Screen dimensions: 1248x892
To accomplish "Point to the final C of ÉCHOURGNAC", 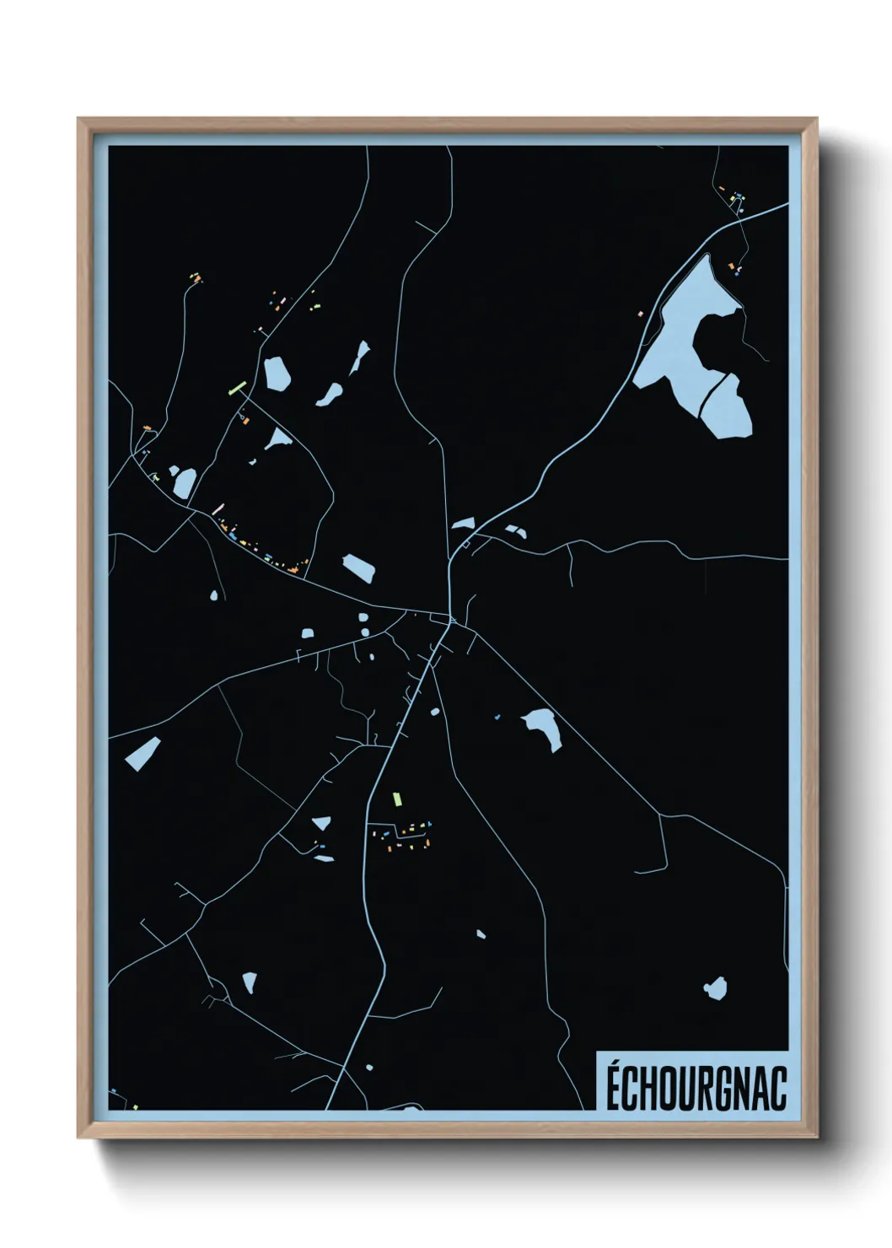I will [x=778, y=1088].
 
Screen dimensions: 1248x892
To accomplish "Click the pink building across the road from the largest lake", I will [x=640, y=314].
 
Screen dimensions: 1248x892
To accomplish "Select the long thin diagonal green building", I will [x=237, y=389].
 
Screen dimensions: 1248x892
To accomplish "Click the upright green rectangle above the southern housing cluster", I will [x=395, y=798].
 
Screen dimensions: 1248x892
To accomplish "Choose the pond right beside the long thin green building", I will [x=277, y=373].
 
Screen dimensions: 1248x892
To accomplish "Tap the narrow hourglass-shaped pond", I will [x=360, y=358].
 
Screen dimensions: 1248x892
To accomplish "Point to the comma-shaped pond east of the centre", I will [x=543, y=727].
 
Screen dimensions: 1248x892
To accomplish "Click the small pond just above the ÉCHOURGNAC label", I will [x=715, y=987].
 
